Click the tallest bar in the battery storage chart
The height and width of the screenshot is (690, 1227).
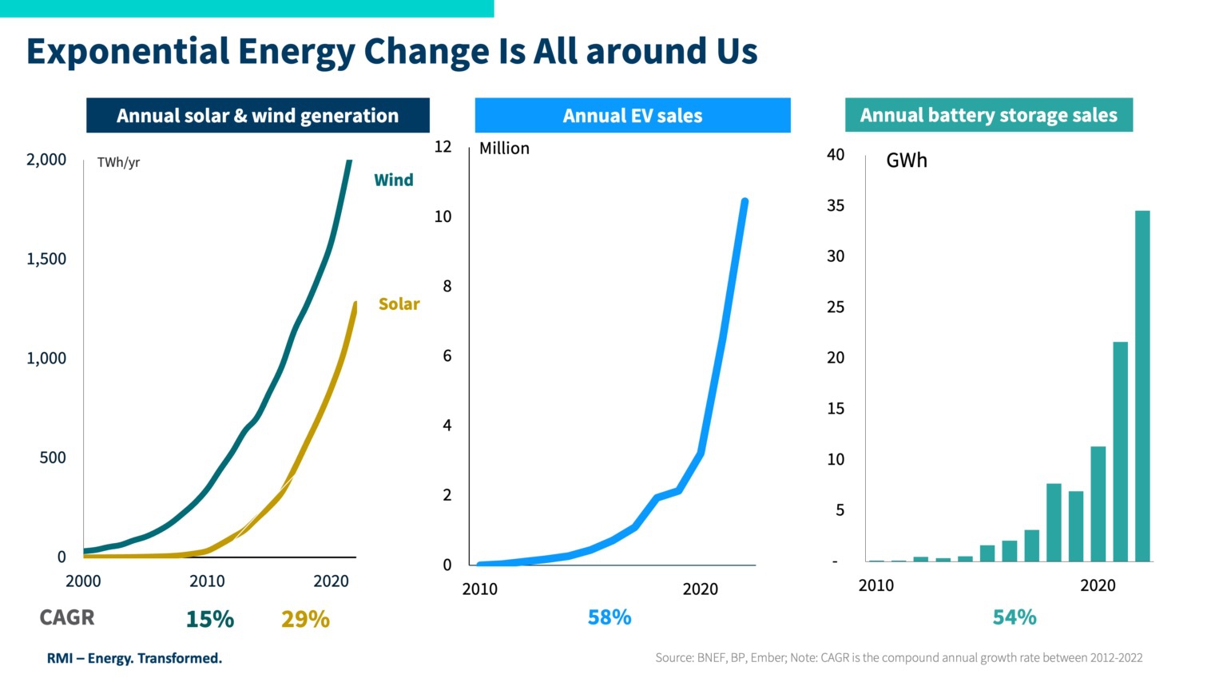[x=1142, y=386]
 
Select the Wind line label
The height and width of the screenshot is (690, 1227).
[x=393, y=180]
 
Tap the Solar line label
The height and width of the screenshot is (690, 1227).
[x=399, y=303]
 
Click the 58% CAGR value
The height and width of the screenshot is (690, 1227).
[x=610, y=617]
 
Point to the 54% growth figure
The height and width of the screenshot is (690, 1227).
[x=1015, y=617]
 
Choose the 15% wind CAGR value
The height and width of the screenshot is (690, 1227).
[x=210, y=619]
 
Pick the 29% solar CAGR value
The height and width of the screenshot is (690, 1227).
[x=306, y=619]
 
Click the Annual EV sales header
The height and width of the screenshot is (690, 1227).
[x=633, y=116]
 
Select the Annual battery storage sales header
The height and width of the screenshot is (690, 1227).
[x=989, y=115]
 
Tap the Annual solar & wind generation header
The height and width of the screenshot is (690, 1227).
[x=257, y=116]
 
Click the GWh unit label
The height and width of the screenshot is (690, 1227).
[x=907, y=161]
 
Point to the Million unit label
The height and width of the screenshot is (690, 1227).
[x=504, y=149]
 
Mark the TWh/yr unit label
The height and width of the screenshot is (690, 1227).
[x=118, y=163]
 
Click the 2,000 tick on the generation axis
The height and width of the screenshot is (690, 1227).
[x=46, y=160]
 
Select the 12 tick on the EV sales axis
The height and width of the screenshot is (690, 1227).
[x=443, y=146]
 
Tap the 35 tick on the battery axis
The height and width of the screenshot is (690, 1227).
[x=836, y=205]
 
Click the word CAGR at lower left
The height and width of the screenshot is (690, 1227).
[x=67, y=617]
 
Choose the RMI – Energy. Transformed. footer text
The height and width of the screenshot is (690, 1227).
[x=134, y=658]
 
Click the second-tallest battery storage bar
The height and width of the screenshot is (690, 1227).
[x=1120, y=451]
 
